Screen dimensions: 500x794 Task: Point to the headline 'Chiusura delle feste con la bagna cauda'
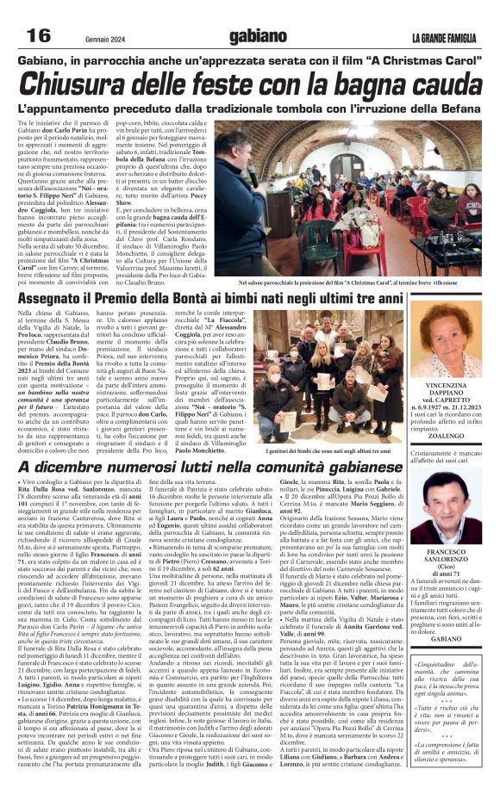coord(249,84)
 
